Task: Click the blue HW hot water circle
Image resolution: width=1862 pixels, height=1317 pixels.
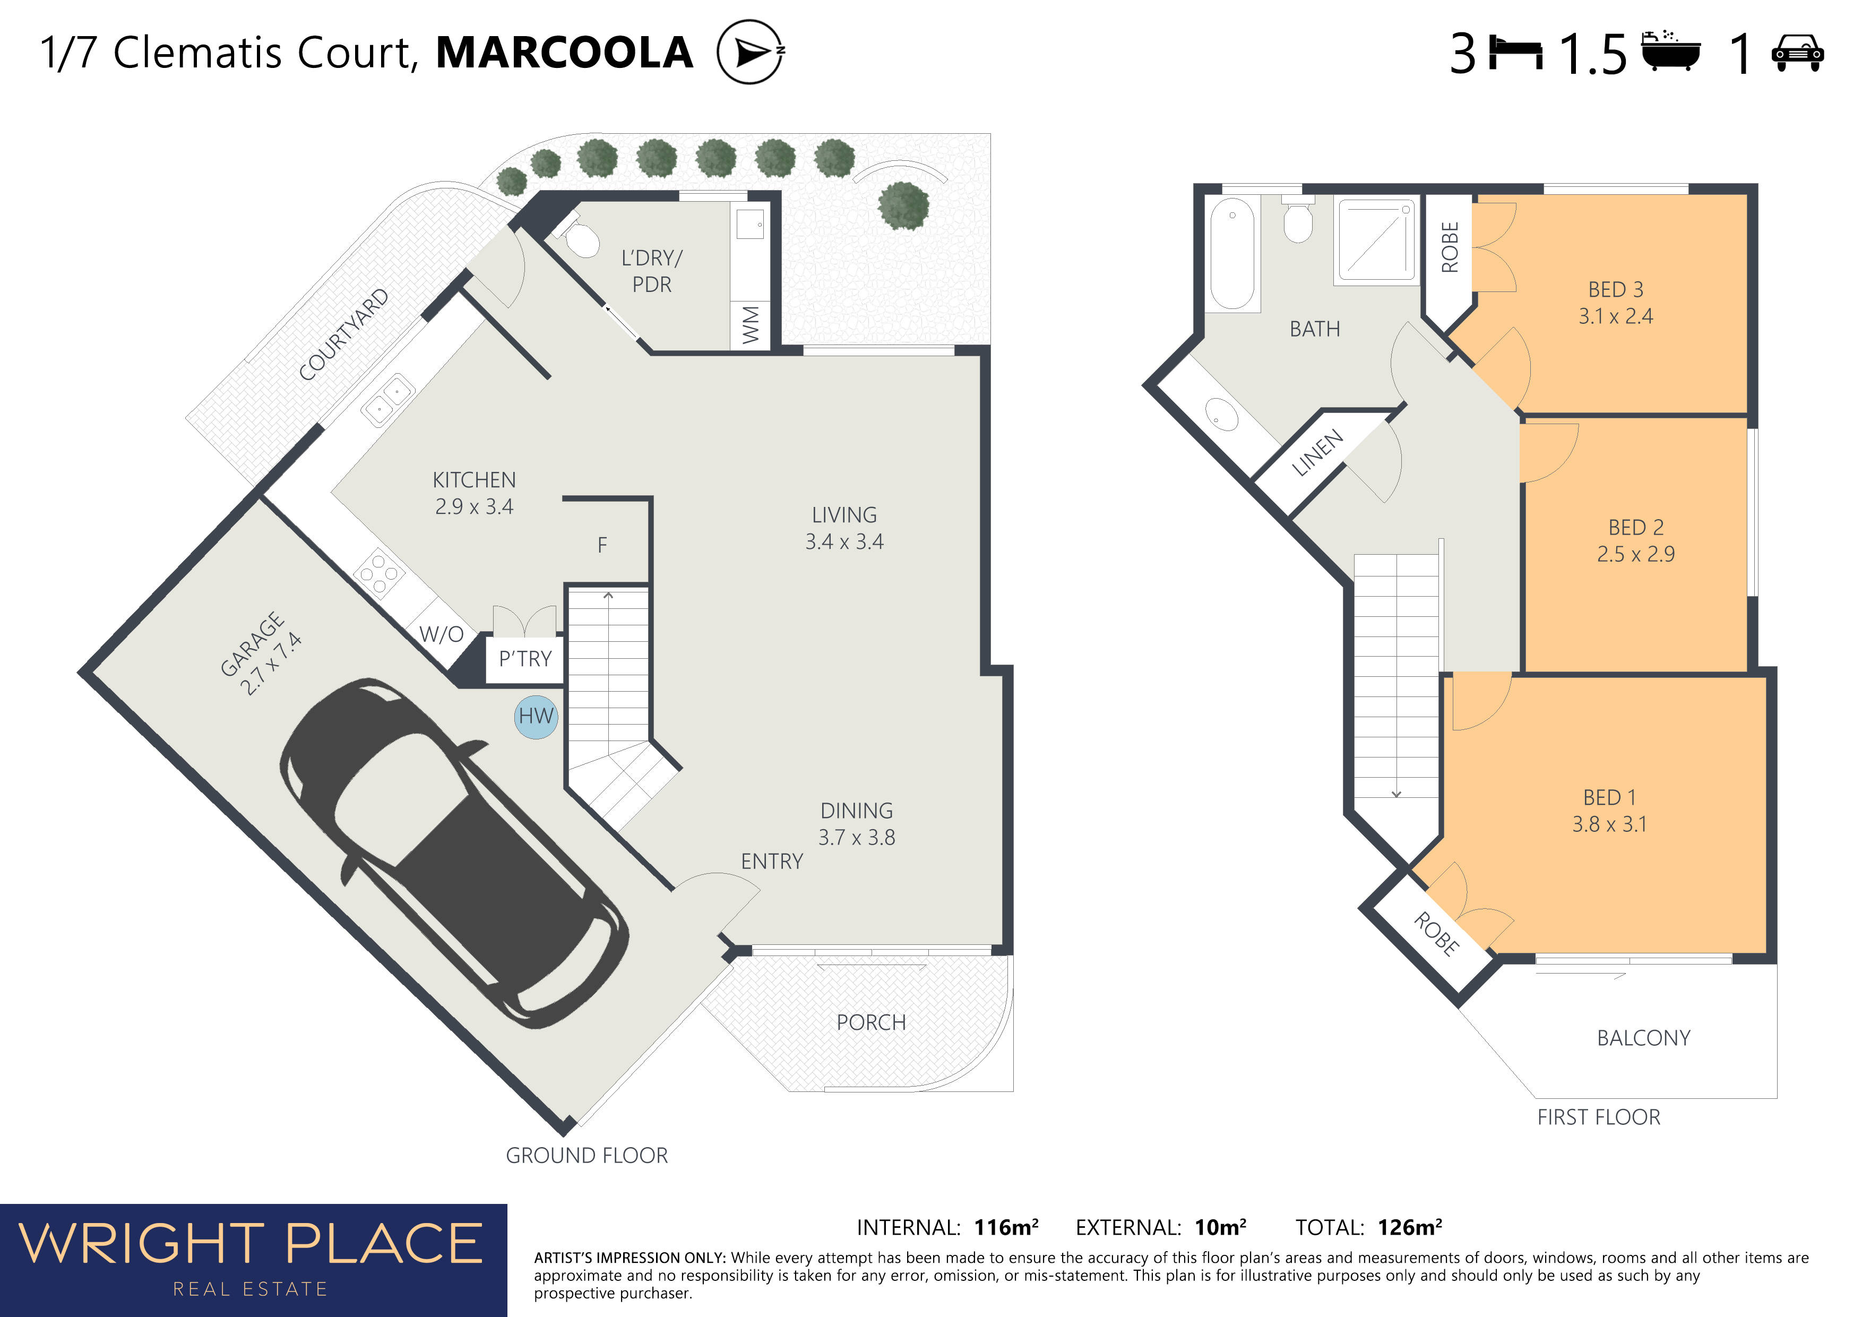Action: click(536, 717)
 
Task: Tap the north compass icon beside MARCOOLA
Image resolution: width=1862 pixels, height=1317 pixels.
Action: click(750, 52)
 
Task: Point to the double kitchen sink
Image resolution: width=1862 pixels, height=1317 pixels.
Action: click(387, 400)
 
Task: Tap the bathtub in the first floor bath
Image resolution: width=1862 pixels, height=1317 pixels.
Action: click(1232, 254)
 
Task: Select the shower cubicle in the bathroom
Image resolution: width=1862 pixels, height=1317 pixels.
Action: click(1376, 241)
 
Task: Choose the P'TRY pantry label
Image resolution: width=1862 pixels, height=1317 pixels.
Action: click(525, 658)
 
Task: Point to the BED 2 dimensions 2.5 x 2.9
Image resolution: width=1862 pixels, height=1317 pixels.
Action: click(1636, 554)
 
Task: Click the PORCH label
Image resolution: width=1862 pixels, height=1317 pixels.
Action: click(871, 1022)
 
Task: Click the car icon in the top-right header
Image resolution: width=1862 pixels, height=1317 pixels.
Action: click(1797, 54)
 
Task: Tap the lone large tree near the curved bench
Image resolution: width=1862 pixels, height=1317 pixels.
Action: click(903, 205)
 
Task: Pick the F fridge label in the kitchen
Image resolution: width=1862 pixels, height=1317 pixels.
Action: click(602, 545)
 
